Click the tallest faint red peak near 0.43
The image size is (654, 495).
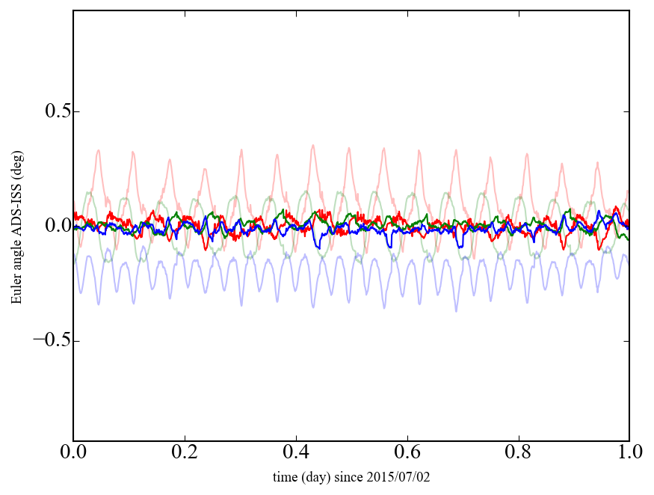[x=313, y=146]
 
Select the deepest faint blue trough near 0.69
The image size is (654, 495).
[x=457, y=310]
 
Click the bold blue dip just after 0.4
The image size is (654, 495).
[x=317, y=247]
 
